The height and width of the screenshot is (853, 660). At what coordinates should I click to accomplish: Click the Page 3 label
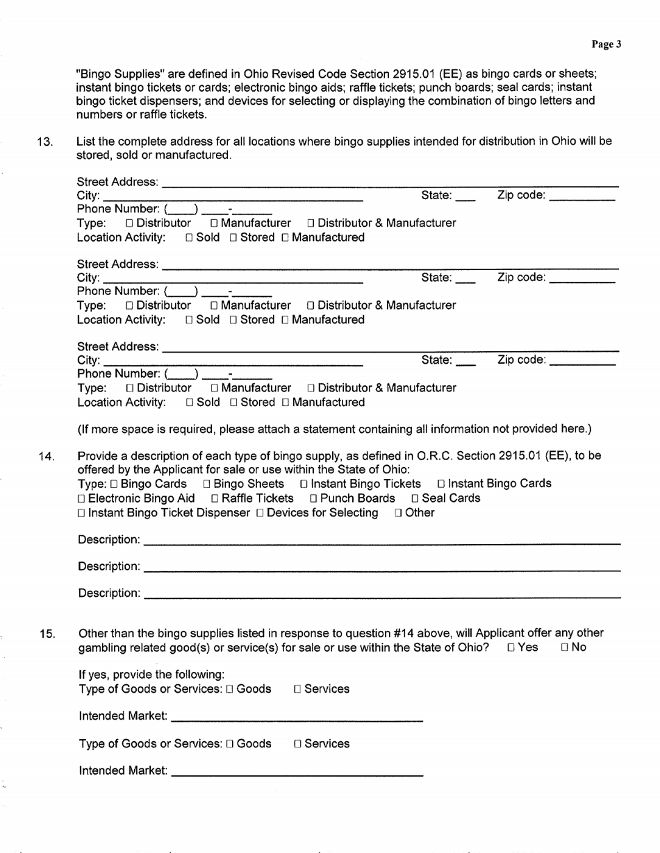(606, 45)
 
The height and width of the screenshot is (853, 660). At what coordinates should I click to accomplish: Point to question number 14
(46, 456)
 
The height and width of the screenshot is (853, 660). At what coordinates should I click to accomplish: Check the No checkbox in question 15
(565, 648)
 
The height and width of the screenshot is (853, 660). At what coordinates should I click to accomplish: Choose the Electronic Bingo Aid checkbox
(82, 498)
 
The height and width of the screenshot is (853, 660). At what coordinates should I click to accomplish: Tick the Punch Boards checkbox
(314, 498)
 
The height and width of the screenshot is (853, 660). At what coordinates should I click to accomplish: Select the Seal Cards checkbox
(415, 498)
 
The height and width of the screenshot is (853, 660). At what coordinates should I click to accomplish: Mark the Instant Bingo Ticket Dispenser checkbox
(82, 514)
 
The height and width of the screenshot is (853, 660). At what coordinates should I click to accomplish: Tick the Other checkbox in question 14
(398, 514)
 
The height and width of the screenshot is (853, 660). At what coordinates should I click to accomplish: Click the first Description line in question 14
(382, 540)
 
